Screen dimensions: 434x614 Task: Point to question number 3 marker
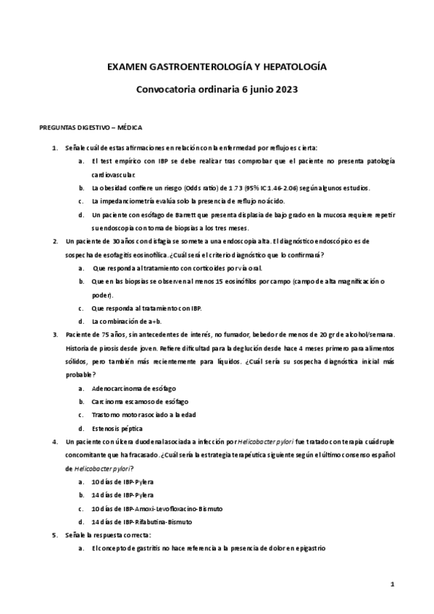click(x=55, y=334)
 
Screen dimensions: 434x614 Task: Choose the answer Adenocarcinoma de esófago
click(x=134, y=388)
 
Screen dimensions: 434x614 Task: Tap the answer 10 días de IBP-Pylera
click(x=122, y=481)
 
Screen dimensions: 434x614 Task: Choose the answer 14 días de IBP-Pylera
click(x=122, y=495)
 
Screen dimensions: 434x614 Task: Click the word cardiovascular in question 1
click(x=113, y=174)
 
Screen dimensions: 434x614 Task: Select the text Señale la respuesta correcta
click(x=108, y=535)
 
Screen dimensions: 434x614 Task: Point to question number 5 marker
click(x=55, y=535)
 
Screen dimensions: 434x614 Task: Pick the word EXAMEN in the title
click(x=126, y=67)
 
